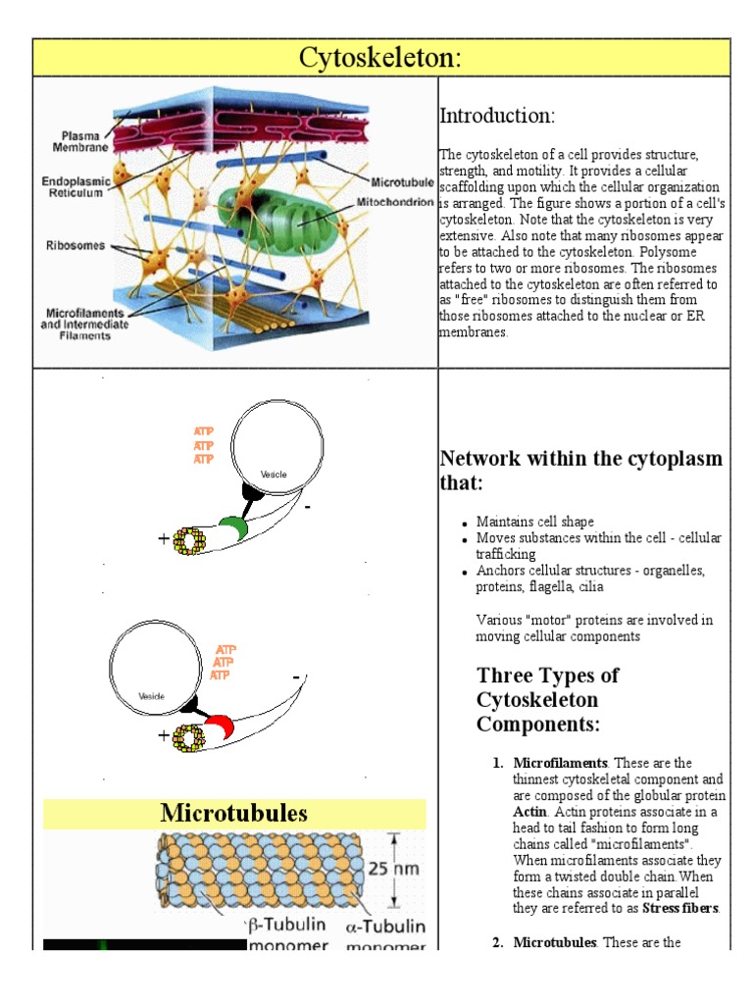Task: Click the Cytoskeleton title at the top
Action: pos(381,58)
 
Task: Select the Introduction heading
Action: pos(497,116)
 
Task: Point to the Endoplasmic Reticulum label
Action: pos(73,187)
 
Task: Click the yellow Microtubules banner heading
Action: pos(234,813)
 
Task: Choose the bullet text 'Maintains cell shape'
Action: pos(534,522)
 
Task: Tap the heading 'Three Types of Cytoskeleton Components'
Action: pos(547,700)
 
